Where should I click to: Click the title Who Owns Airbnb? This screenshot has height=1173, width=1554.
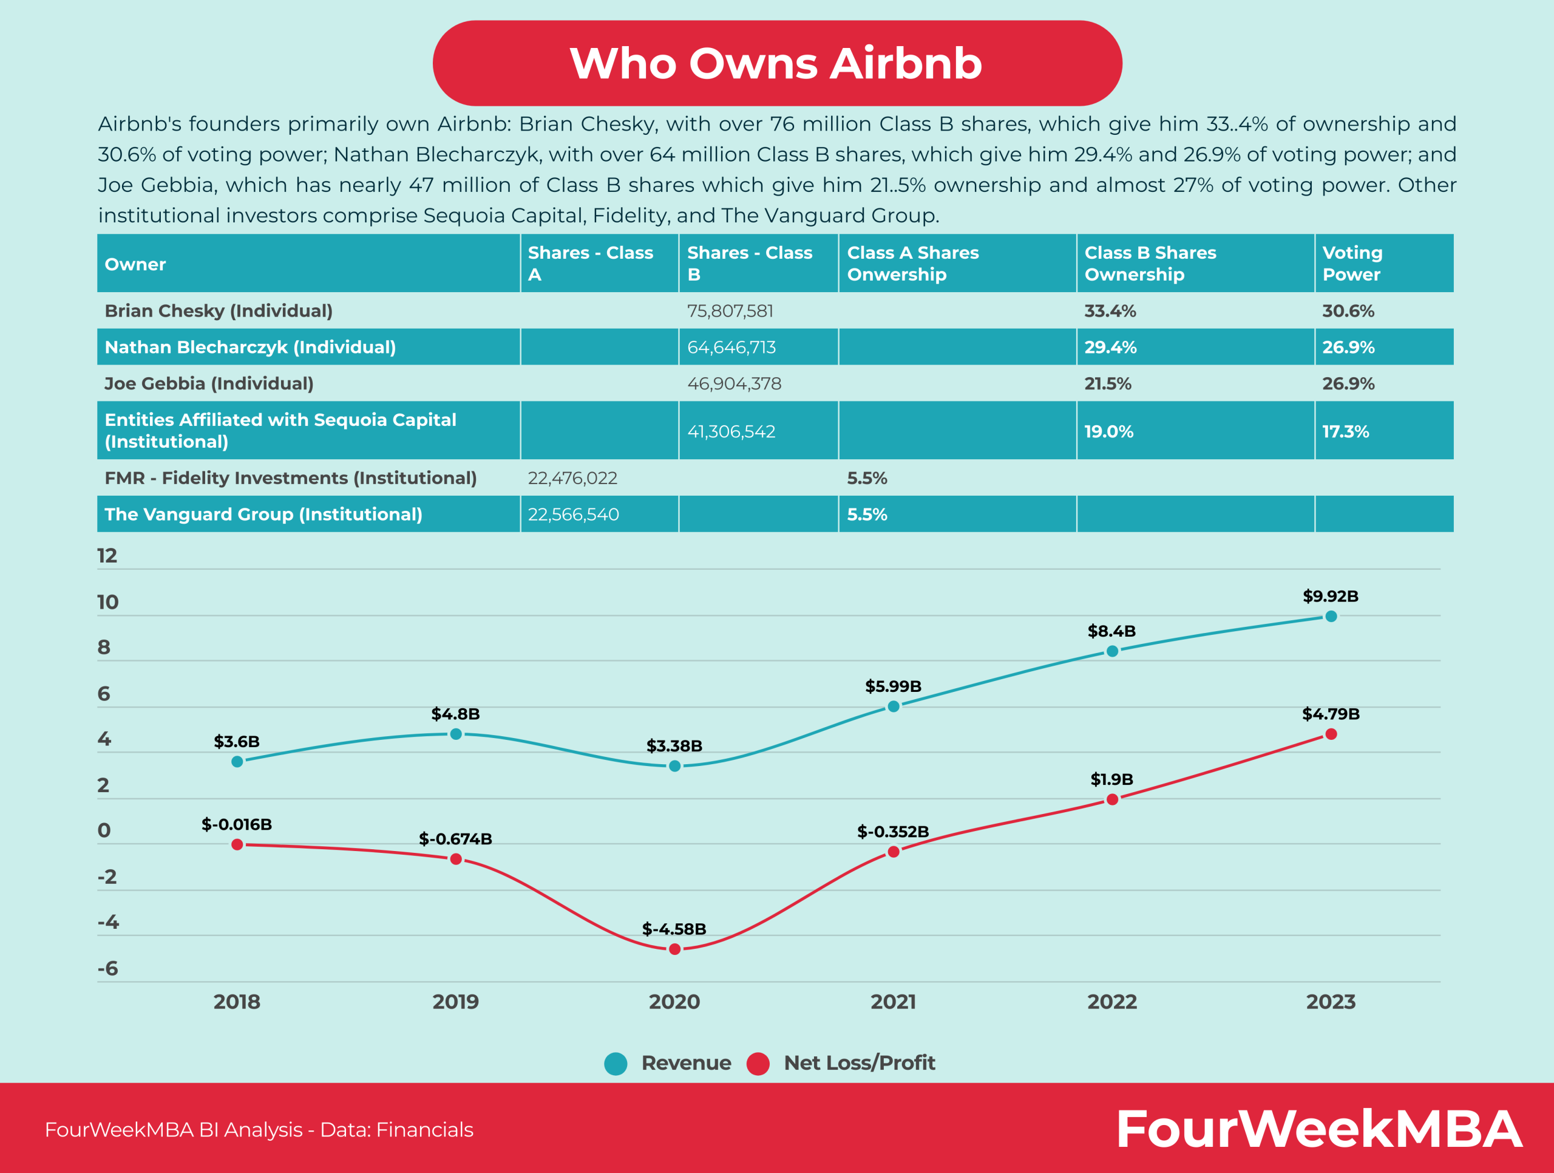click(x=776, y=63)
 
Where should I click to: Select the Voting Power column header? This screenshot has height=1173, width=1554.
click(x=1352, y=264)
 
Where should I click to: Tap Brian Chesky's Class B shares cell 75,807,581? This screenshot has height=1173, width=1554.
click(x=730, y=310)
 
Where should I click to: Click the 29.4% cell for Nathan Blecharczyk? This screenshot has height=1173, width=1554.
click(x=1110, y=347)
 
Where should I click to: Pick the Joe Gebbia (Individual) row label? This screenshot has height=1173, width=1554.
click(x=209, y=384)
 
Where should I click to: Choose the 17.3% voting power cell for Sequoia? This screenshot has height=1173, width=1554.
click(x=1345, y=431)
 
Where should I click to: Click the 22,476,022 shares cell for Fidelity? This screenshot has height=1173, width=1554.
click(x=572, y=478)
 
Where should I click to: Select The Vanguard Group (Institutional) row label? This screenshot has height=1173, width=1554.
click(x=263, y=515)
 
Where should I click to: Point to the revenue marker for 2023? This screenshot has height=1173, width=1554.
click(x=1331, y=617)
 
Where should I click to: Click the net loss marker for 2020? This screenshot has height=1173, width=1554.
click(x=674, y=949)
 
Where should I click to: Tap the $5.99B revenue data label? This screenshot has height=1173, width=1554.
click(x=893, y=686)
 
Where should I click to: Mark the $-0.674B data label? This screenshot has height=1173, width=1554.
click(x=455, y=838)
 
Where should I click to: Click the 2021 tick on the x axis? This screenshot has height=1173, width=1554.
click(x=893, y=1002)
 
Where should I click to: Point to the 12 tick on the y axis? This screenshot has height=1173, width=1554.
click(x=107, y=556)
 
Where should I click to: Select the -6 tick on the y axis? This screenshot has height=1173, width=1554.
click(x=107, y=968)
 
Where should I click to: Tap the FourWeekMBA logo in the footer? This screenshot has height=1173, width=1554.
click(x=1318, y=1129)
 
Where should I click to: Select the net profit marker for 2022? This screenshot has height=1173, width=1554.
click(x=1112, y=799)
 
